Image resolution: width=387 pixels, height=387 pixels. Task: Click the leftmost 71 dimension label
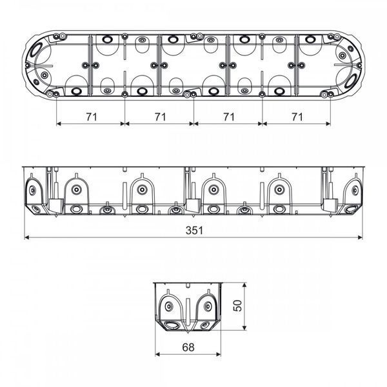[92, 117]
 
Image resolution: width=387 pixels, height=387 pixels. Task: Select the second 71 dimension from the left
[160, 117]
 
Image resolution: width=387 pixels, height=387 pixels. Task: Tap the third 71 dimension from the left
[229, 117]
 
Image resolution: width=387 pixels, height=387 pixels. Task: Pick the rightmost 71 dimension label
[297, 117]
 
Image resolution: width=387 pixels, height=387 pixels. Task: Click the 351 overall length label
[194, 230]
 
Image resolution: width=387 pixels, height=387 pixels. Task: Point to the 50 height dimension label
[237, 306]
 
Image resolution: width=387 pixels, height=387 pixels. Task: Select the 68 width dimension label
[188, 347]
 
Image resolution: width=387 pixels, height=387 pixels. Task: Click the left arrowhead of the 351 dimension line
[27, 237]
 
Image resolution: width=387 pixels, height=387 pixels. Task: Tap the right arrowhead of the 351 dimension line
[360, 237]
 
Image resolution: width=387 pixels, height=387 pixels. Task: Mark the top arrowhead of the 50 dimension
[244, 285]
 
